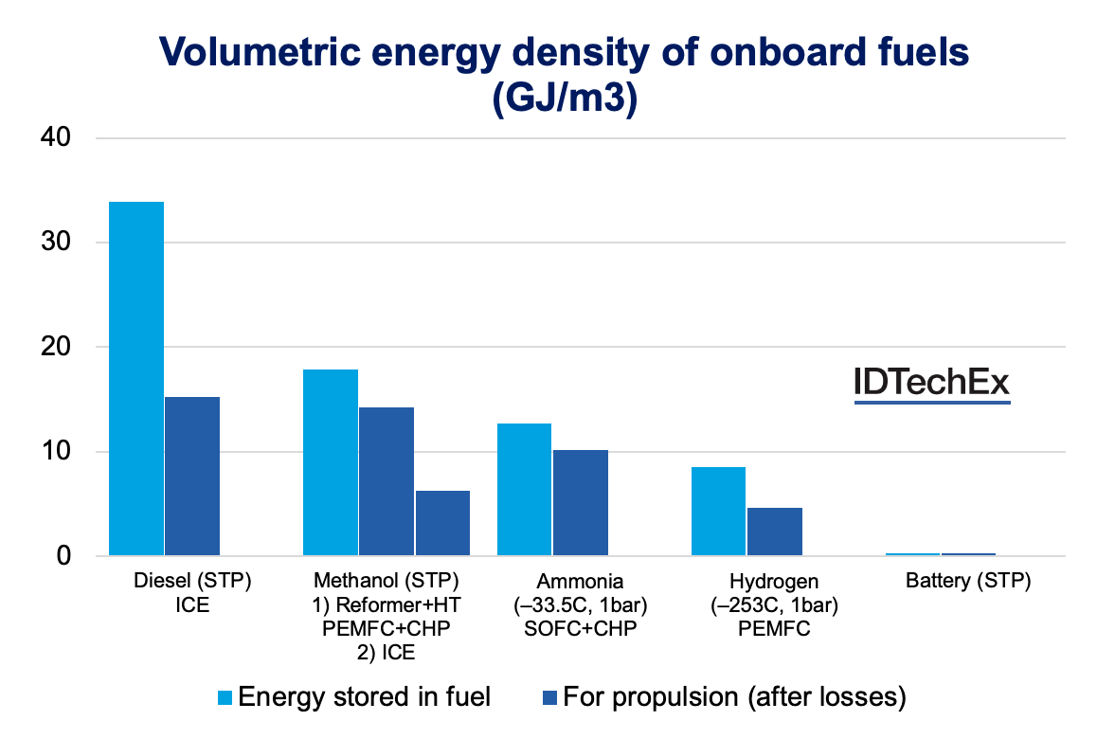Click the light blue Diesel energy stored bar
[136, 378]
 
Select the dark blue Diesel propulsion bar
[192, 476]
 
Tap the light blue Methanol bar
[330, 462]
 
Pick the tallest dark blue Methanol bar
[386, 481]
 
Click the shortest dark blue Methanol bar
[442, 523]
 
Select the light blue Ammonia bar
[524, 489]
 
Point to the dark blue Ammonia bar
[581, 502]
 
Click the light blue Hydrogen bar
[718, 511]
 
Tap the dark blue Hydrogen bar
[775, 532]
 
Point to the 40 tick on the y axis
[56, 138]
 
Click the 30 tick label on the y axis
[56, 243]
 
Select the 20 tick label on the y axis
[56, 347]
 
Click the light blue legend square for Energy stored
[225, 698]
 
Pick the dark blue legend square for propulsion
[551, 698]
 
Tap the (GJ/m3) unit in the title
[564, 97]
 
